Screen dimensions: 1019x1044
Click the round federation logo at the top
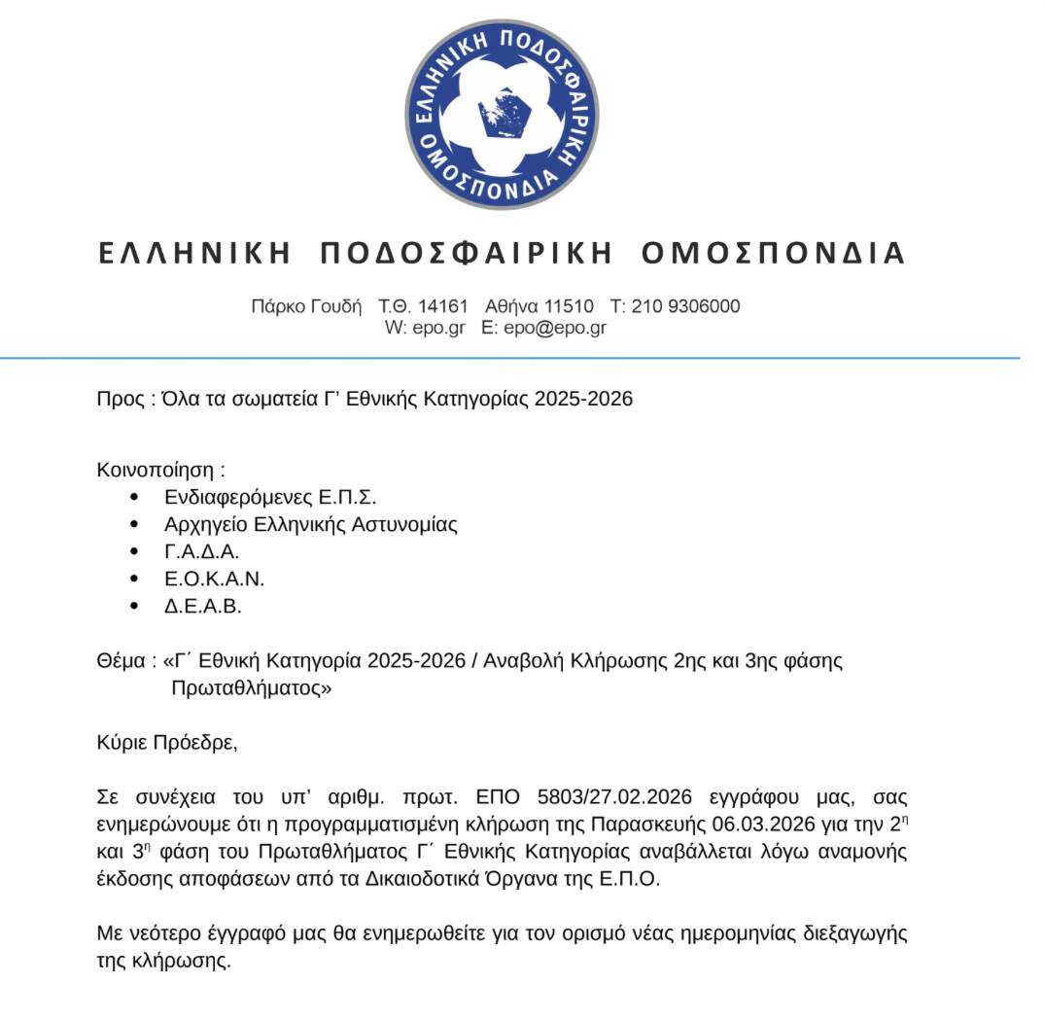click(x=502, y=115)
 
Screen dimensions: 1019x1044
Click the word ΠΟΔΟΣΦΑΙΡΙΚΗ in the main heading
click(x=466, y=254)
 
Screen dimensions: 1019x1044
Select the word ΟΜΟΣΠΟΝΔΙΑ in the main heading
click(x=774, y=254)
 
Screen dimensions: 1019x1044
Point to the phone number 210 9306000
click(x=685, y=306)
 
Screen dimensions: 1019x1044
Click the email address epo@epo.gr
click(x=553, y=328)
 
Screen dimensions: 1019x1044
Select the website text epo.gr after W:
click(x=438, y=328)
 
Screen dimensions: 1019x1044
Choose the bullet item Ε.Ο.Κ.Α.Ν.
click(x=214, y=579)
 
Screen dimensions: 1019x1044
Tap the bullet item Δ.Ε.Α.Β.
click(x=202, y=606)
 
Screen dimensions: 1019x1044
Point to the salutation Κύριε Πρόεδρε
click(x=166, y=744)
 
